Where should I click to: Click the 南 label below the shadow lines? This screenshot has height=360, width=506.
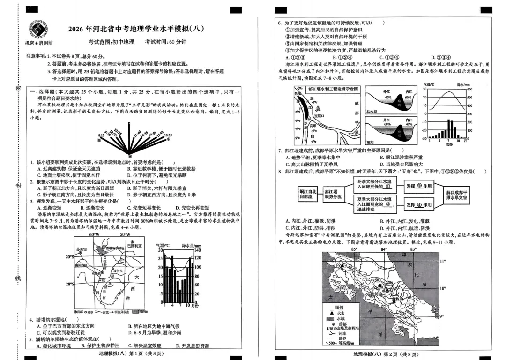pyautogui.click(x=130, y=156)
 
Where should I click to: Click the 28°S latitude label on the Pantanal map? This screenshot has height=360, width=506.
pyautogui.click(x=70, y=284)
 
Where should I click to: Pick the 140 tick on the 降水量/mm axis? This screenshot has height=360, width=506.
pyautogui.click(x=197, y=250)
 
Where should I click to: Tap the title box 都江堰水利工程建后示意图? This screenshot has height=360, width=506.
pyautogui.click(x=333, y=89)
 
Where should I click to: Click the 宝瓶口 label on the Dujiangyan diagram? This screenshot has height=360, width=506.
pyautogui.click(x=320, y=114)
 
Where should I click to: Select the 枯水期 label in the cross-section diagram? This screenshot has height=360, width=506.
pyautogui.click(x=372, y=112)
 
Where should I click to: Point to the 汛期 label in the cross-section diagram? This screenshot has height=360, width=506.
pyautogui.click(x=370, y=142)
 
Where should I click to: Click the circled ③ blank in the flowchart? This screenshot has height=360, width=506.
pyautogui.click(x=418, y=186)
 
